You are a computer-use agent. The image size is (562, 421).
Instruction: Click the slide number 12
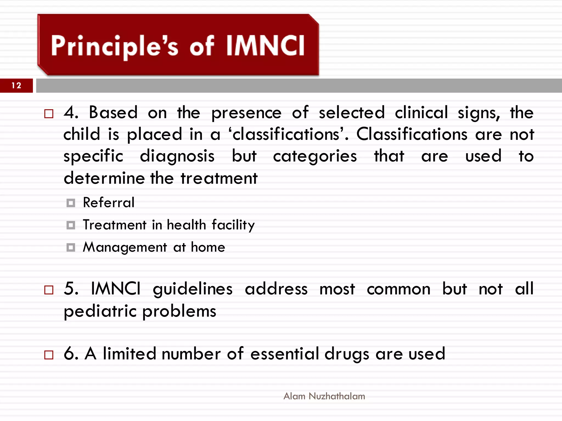click(x=16, y=86)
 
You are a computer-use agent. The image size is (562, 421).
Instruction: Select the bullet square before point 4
click(x=49, y=113)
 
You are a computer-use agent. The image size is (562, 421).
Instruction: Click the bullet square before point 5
click(x=49, y=290)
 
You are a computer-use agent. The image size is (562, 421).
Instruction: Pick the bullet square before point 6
click(x=49, y=355)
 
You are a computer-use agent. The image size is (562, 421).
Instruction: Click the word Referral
click(x=109, y=203)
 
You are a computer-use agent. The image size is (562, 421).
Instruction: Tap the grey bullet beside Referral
click(x=71, y=203)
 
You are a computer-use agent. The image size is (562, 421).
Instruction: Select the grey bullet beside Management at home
click(x=71, y=248)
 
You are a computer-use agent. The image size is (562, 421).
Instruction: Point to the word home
click(x=208, y=247)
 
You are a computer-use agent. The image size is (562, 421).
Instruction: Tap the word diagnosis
click(x=177, y=157)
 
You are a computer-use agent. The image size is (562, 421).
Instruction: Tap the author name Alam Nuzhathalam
click(x=324, y=396)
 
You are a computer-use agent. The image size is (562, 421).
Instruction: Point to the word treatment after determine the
click(x=219, y=178)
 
